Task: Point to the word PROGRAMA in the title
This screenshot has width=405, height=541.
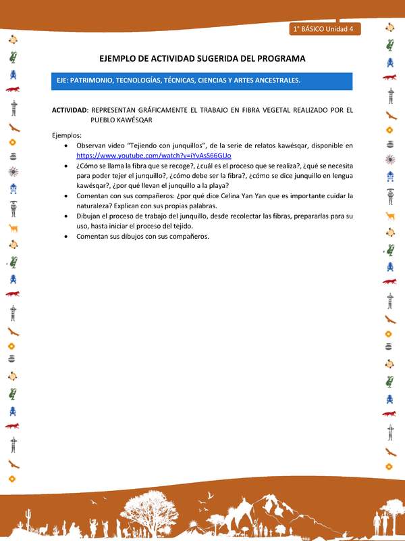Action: [x=279, y=59]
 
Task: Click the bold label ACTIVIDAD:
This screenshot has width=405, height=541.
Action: [x=70, y=110]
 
